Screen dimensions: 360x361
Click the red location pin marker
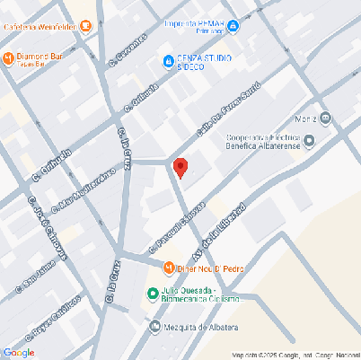click(x=180, y=168)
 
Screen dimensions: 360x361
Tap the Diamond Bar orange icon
click(x=8, y=58)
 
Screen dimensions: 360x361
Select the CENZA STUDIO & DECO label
click(x=204, y=62)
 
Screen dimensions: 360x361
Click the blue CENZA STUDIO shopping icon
click(x=167, y=61)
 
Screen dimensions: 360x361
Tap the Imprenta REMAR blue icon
click(x=232, y=28)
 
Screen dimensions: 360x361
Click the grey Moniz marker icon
click(x=325, y=118)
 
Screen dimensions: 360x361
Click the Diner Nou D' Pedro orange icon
click(x=167, y=268)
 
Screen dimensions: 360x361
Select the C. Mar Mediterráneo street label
click(x=84, y=189)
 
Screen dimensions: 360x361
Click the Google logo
click(x=18, y=352)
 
